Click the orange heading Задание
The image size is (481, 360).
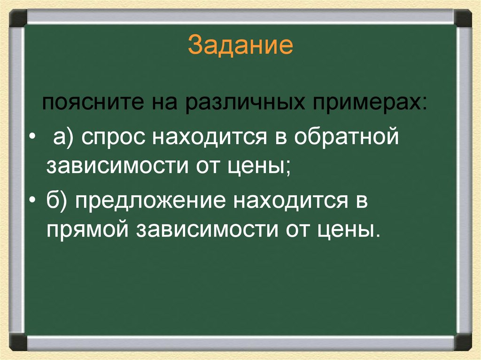tap(240, 46)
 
